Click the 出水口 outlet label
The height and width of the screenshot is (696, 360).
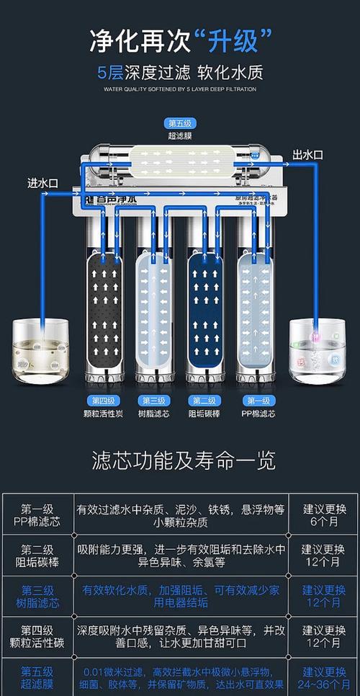tap(307, 155)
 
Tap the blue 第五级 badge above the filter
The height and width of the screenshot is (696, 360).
tap(179, 122)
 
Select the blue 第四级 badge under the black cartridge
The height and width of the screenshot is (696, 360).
tap(105, 401)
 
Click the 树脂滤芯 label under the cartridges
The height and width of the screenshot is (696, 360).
tap(155, 413)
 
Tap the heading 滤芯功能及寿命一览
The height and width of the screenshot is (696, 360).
tap(183, 460)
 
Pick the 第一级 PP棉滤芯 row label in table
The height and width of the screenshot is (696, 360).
tap(37, 514)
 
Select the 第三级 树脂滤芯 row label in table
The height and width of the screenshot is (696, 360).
tap(37, 596)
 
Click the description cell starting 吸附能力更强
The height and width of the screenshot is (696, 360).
tap(180, 556)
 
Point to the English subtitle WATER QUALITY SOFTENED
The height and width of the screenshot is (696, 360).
tap(180, 89)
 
